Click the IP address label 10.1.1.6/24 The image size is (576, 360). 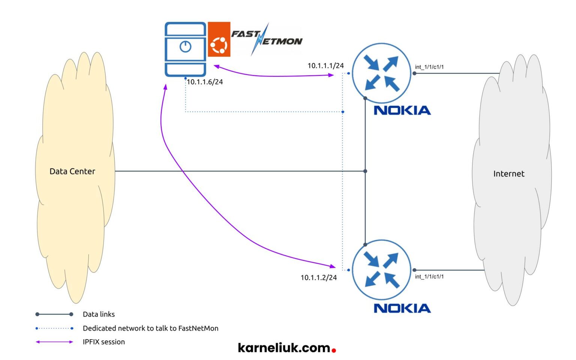coord(205,82)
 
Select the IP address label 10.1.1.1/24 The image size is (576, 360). coord(325,66)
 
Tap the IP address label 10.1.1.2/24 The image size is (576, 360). coord(318,277)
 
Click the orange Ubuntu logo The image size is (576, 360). coord(219,39)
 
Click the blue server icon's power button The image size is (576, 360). coord(186,46)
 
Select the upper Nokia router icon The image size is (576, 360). coord(382,73)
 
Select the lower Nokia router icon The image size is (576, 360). coord(382,270)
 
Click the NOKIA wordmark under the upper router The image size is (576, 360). coord(402,110)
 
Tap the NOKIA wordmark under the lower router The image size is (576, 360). coord(402,308)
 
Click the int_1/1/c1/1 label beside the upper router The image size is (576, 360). coord(429,67)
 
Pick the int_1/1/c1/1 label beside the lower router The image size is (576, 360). coord(429,277)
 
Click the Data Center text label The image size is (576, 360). coord(72,171)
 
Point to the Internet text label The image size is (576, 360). coord(508,174)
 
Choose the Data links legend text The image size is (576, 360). coord(99,314)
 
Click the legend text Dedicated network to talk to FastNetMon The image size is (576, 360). coord(150,328)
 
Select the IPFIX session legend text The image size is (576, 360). coord(103,342)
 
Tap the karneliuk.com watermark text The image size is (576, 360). coord(284,348)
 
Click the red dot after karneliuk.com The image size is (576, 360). coord(334,351)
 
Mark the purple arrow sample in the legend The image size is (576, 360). coord(54,342)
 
